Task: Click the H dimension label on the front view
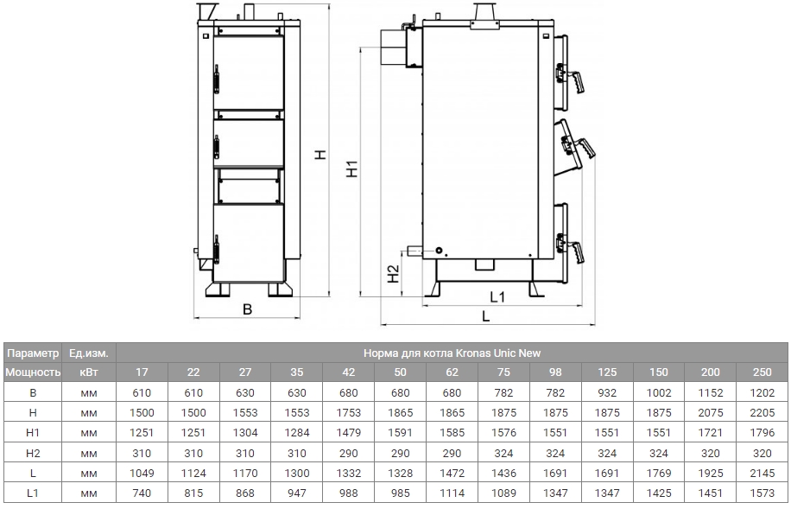click(x=320, y=155)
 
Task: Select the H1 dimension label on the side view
click(x=351, y=169)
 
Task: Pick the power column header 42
click(x=349, y=372)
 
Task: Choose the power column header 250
click(x=763, y=372)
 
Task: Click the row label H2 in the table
click(x=32, y=453)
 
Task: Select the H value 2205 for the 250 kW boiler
click(x=763, y=412)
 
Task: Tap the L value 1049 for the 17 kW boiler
click(x=142, y=473)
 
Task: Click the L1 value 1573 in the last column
click(x=763, y=493)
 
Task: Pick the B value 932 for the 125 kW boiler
click(x=608, y=392)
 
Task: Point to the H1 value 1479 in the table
click(x=349, y=432)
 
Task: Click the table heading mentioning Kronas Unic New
click(x=452, y=353)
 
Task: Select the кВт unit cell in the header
click(x=88, y=372)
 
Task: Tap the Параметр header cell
click(x=32, y=353)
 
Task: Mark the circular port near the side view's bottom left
click(x=440, y=251)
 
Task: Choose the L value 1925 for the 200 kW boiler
click(x=712, y=473)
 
